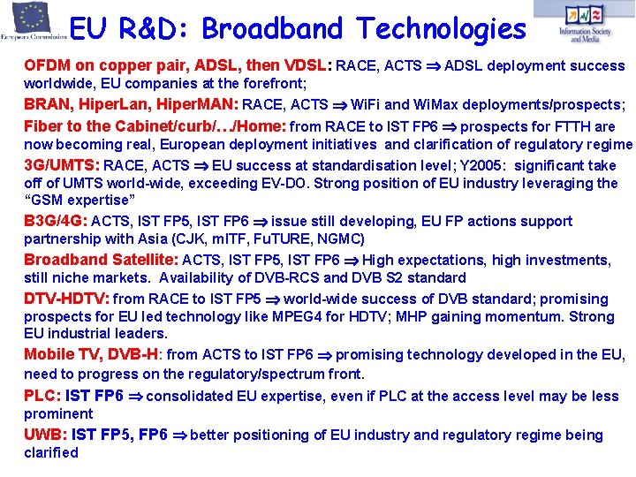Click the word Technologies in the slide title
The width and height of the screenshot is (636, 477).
[441, 29]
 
